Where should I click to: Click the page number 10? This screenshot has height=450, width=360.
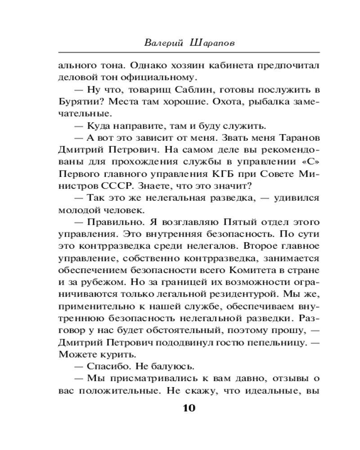(x=189, y=409)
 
